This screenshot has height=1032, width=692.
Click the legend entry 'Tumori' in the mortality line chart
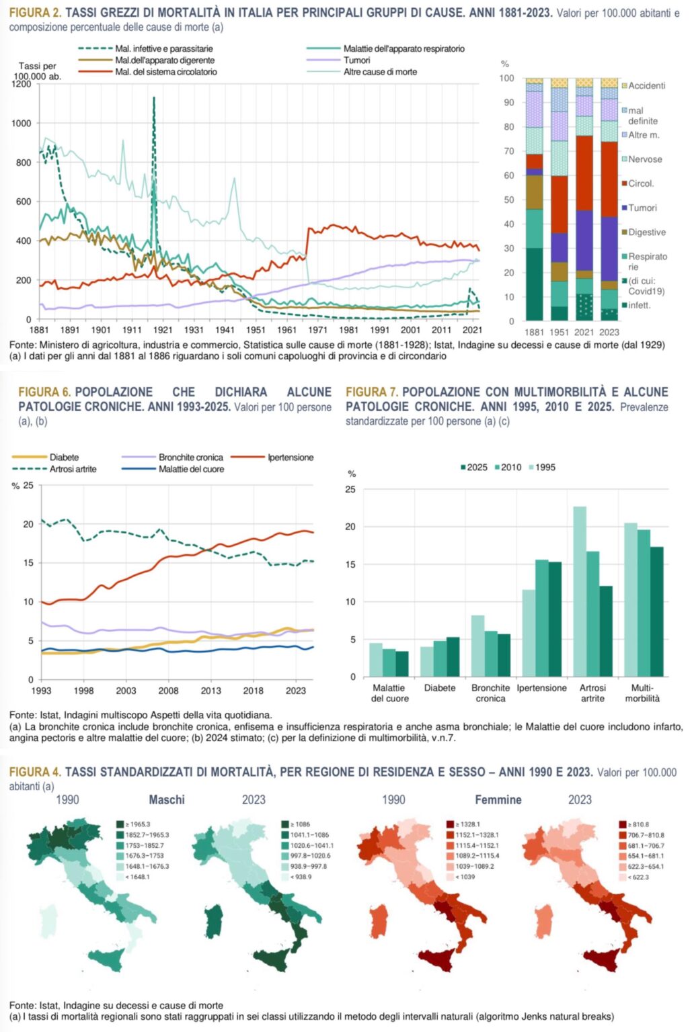point(356,60)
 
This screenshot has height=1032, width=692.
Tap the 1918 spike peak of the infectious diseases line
point(154,98)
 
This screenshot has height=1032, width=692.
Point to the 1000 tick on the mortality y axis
point(22,123)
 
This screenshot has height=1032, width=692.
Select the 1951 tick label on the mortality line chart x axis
point(256,330)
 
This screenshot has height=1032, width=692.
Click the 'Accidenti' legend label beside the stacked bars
point(646,86)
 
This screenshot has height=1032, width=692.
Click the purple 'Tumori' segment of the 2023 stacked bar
point(609,249)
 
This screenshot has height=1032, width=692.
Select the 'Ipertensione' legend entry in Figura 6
point(291,458)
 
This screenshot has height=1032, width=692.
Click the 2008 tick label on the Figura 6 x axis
point(168,691)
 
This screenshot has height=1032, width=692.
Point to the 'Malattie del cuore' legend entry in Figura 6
point(191,469)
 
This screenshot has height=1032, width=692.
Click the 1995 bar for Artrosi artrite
point(579,591)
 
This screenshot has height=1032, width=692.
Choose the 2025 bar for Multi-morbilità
point(656,611)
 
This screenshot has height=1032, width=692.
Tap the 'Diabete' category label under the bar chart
point(440,688)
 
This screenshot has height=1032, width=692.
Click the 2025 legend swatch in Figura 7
point(463,468)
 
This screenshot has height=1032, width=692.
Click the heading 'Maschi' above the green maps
point(166,800)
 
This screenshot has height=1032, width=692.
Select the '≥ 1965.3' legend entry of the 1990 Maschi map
point(135,824)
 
